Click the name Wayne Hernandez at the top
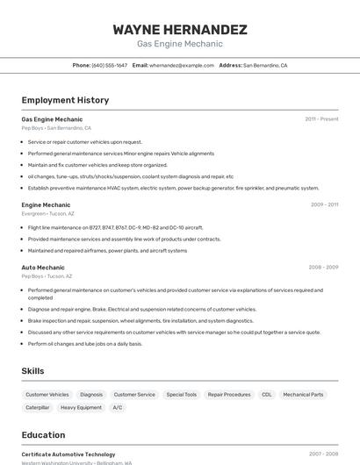click(179, 29)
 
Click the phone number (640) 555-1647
click(110, 65)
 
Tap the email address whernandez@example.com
click(182, 65)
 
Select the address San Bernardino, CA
click(265, 65)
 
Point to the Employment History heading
click(65, 100)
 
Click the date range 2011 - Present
click(321, 119)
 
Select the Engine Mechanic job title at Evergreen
click(46, 204)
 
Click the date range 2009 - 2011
click(324, 204)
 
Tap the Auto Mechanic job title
click(43, 268)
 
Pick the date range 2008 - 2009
click(323, 268)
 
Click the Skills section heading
click(32, 371)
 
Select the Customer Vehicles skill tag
click(47, 395)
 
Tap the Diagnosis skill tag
click(91, 395)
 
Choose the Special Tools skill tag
click(182, 395)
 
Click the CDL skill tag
click(267, 395)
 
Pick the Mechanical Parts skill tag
click(303, 395)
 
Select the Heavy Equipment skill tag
click(81, 408)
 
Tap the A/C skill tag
click(118, 408)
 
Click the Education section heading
click(43, 435)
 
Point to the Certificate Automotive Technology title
click(68, 454)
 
